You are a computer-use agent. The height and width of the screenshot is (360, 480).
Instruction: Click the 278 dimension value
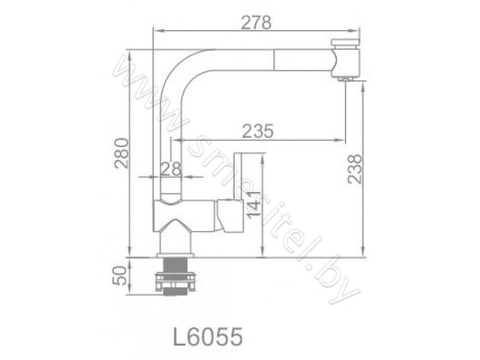(x=256, y=22)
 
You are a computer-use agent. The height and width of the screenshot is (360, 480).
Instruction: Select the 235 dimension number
(x=257, y=131)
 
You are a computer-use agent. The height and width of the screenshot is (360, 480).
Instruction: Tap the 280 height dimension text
(x=121, y=154)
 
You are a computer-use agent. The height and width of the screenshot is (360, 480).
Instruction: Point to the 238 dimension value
(x=355, y=169)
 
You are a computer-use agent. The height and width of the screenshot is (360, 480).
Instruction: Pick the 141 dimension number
(x=254, y=205)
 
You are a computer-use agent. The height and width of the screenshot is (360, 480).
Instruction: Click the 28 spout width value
(x=171, y=169)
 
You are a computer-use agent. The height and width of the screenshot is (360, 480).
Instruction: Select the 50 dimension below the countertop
(x=119, y=275)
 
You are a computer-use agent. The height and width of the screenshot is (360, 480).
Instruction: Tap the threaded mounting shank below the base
(x=175, y=277)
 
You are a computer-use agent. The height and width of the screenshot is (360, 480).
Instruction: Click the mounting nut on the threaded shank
(x=175, y=281)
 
